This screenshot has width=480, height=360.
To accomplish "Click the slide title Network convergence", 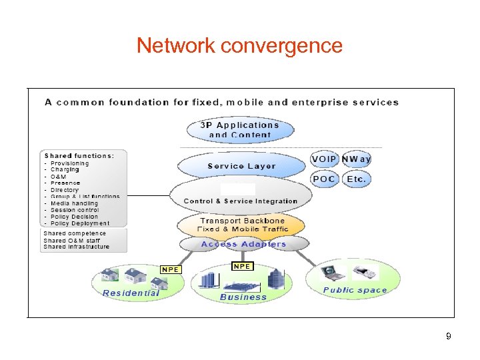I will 239,45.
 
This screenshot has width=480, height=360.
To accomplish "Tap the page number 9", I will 449,336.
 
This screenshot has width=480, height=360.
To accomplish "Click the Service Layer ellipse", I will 241,166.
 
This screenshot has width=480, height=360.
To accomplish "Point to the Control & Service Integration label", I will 241,201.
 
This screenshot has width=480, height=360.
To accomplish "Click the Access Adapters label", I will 243,244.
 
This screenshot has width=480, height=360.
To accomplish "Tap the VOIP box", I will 324,159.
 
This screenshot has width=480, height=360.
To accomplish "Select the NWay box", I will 356,159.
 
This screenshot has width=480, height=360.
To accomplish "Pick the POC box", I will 324,179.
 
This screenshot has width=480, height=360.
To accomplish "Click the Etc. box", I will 356,179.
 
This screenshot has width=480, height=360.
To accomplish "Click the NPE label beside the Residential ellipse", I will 171,269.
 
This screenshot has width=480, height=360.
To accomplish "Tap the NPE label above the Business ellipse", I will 242,266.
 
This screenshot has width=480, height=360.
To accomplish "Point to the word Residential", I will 131,293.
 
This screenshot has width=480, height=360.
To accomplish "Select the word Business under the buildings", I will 243,297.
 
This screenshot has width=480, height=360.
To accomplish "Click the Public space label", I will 355,290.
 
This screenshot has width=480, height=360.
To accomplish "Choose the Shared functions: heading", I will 79,155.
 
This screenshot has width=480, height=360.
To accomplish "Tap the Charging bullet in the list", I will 65,170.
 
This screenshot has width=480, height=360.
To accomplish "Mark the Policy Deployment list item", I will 79,223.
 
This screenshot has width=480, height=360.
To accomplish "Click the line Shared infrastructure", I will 76,247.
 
